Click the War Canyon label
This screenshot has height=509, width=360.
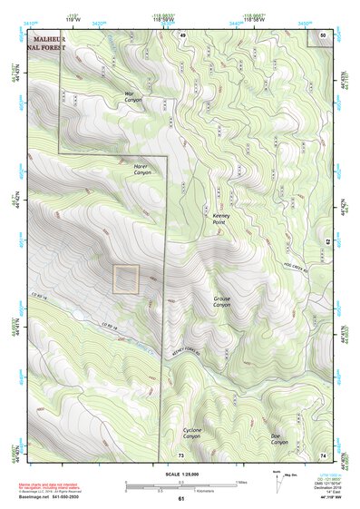pos(135,96)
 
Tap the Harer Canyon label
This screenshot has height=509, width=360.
pos(141,170)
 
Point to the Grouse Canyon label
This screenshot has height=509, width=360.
pos(222,301)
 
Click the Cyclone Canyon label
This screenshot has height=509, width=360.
pos(192,433)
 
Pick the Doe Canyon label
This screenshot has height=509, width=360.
pos(279,439)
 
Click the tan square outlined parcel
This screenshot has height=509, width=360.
pos(126,279)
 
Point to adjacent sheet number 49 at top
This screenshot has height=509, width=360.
pos(181,34)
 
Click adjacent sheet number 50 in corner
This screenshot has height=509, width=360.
pos(324,34)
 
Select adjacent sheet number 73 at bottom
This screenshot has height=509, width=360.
pos(180,454)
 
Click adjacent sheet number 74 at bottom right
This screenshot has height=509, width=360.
pos(324,454)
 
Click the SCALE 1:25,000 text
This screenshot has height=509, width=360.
pos(180,475)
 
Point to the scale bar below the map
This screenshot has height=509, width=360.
pos(180,485)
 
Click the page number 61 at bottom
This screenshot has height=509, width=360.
pos(180,498)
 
